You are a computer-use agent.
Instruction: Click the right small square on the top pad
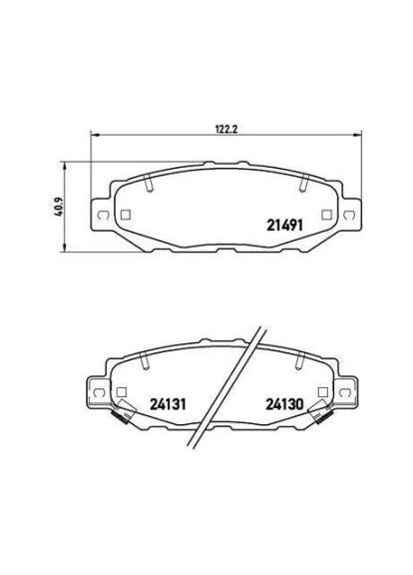point(327,213)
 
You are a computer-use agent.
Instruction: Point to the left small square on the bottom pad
point(122,392)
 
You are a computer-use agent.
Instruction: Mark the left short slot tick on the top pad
point(147,183)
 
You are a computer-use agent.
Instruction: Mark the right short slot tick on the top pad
point(303,183)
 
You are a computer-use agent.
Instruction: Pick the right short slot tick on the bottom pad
point(303,361)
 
